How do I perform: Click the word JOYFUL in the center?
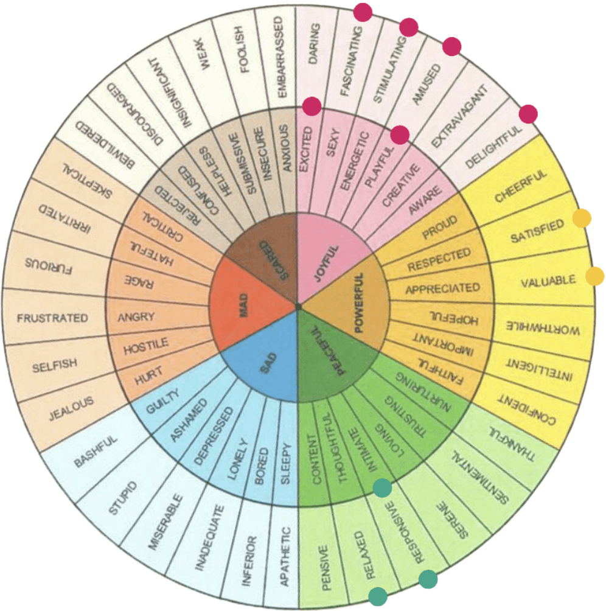(327, 263)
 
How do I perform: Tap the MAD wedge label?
(243, 305)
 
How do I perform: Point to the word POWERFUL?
(359, 302)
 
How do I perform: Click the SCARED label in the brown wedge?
(274, 260)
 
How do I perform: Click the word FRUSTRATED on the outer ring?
(52, 318)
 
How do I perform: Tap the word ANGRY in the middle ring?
(136, 317)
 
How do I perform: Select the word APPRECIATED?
(442, 288)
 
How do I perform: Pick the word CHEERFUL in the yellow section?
(521, 186)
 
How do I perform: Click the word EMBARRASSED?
(281, 57)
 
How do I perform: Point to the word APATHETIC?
(285, 556)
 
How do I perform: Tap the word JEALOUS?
(71, 408)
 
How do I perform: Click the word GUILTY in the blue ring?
(162, 401)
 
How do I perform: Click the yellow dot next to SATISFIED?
(582, 218)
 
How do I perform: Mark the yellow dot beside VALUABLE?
(594, 276)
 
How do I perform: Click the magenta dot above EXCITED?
(312, 106)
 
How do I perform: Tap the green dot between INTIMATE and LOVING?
(382, 488)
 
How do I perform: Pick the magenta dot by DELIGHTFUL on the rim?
(528, 114)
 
